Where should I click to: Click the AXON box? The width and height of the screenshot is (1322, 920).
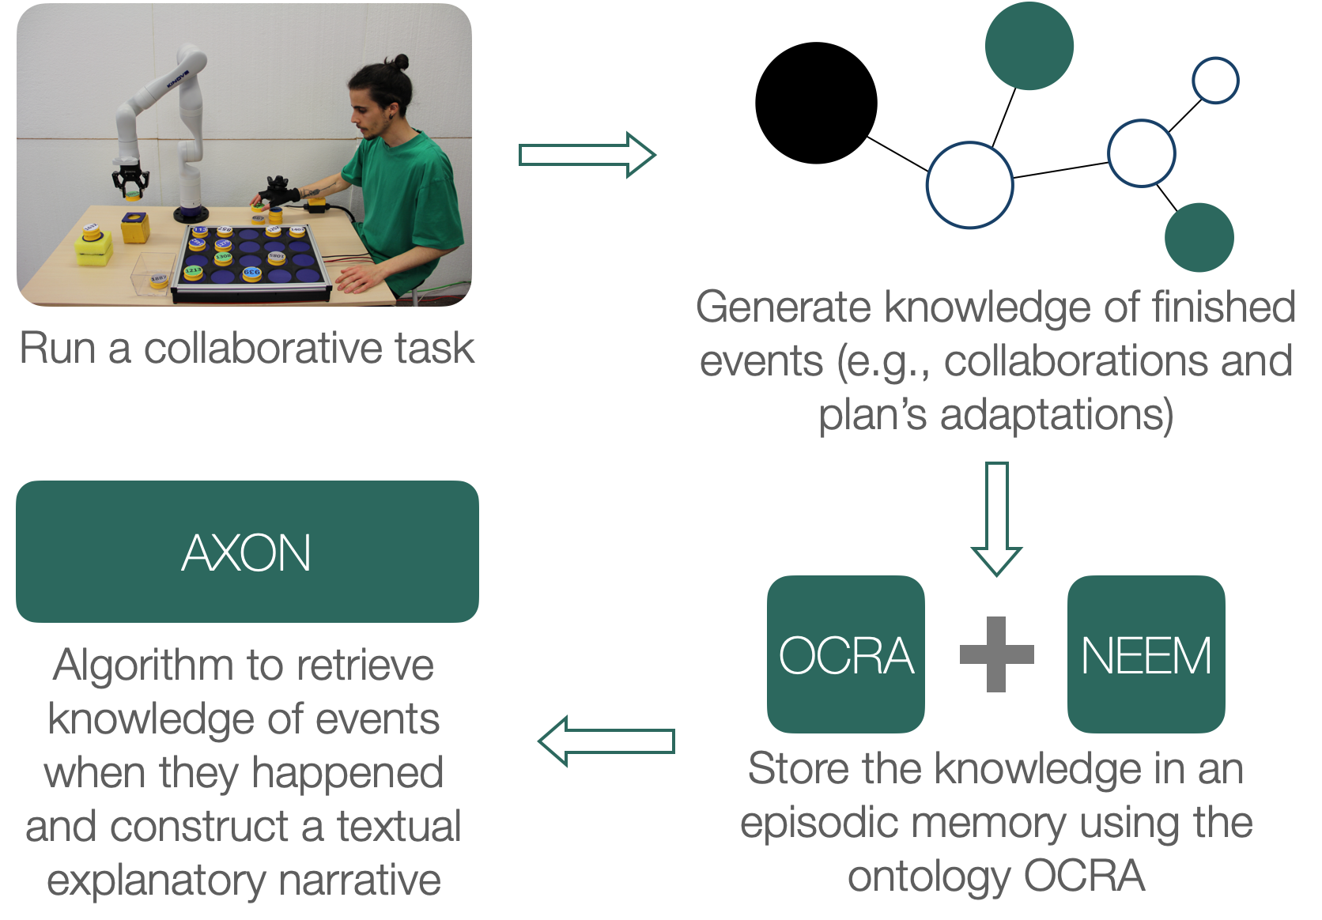(x=247, y=552)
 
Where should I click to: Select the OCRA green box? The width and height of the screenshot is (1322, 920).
(x=845, y=654)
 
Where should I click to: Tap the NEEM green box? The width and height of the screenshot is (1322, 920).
(x=1146, y=654)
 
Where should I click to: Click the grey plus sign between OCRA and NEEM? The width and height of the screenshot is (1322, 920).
(x=996, y=654)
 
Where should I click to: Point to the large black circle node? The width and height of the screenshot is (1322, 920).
(x=816, y=103)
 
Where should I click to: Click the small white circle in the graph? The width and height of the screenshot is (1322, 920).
(x=1215, y=81)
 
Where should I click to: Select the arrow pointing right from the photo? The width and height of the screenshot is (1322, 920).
(x=586, y=155)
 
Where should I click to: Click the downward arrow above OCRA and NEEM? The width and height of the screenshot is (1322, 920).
(x=996, y=518)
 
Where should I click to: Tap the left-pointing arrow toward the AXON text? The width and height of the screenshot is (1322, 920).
(x=606, y=741)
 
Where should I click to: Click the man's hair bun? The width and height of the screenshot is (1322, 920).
(x=401, y=62)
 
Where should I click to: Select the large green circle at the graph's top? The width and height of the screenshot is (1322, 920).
(x=1029, y=46)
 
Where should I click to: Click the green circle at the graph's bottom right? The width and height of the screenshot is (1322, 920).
(x=1199, y=237)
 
